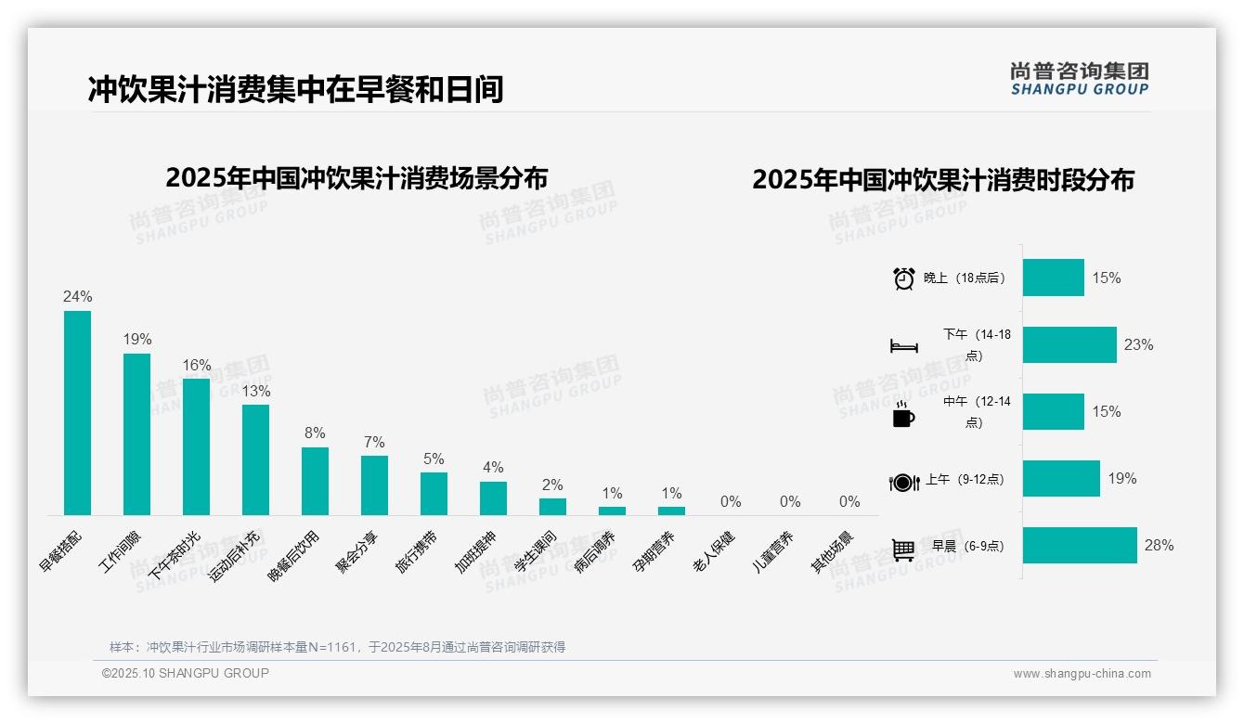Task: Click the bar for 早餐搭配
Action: coord(77,413)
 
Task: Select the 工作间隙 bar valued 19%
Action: coord(136,434)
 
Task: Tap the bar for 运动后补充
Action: coord(255,459)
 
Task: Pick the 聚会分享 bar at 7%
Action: coord(374,485)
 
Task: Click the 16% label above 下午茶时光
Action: coord(197,365)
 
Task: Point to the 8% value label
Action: coord(315,433)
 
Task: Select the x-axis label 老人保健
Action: coord(714,552)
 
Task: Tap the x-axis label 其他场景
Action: coord(833,552)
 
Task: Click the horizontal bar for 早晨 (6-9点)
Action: coord(1080,546)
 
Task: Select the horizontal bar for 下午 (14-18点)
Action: coord(1069,345)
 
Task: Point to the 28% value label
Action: coord(1159,546)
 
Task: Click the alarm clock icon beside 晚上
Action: coord(904,278)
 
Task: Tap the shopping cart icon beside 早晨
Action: coord(903,549)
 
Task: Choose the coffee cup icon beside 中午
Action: coord(903,414)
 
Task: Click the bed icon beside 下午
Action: coord(903,346)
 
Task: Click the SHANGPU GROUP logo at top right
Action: coord(1080,79)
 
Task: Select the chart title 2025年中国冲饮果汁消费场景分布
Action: coord(356,178)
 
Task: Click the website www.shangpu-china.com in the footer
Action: coord(1082,674)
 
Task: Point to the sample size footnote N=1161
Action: coord(337,647)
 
